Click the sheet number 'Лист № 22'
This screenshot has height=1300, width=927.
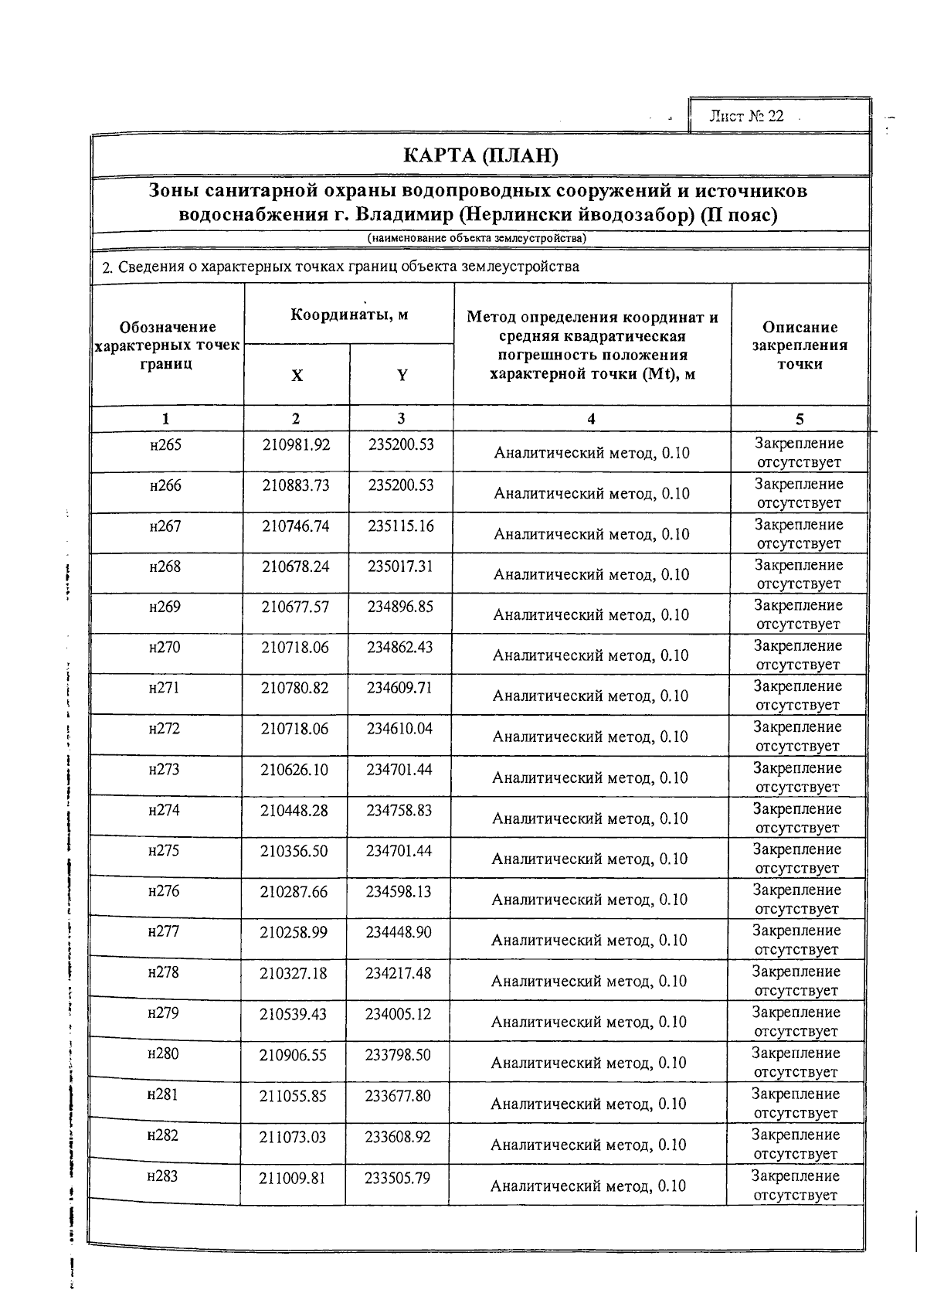(x=746, y=116)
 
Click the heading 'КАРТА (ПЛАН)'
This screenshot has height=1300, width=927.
(x=480, y=157)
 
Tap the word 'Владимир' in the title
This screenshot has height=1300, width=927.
(x=407, y=214)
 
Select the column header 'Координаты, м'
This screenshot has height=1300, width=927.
(x=349, y=315)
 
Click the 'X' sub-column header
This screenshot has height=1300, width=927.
(x=297, y=376)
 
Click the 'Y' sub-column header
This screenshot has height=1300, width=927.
(x=402, y=376)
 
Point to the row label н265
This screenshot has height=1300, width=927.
(x=165, y=445)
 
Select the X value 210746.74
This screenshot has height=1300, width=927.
(x=295, y=526)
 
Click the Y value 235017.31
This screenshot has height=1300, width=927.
(x=400, y=567)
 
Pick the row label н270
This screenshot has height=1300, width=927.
(x=165, y=648)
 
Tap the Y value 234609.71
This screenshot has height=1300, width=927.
(x=399, y=688)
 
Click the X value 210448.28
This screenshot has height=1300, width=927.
(x=294, y=810)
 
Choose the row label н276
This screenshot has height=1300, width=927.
(x=164, y=891)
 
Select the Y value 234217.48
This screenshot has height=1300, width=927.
(x=398, y=973)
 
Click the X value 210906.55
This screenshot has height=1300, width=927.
(x=293, y=1054)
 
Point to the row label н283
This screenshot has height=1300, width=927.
(x=162, y=1176)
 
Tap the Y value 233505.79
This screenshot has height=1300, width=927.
(x=397, y=1178)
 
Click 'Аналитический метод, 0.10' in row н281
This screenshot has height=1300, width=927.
(x=588, y=1104)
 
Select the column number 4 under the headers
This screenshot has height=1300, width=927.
(x=591, y=419)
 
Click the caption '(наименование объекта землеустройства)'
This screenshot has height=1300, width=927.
(x=477, y=238)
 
